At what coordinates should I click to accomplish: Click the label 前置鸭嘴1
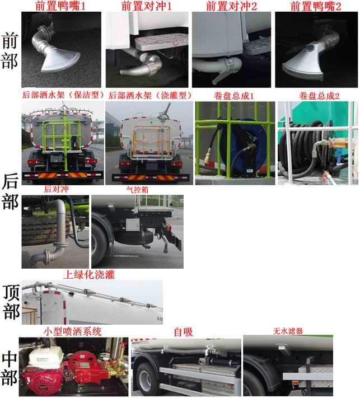coord(60,6)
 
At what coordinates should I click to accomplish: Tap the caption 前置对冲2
coord(231,6)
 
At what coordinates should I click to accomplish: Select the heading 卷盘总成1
coord(233,96)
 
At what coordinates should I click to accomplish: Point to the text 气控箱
coord(137,190)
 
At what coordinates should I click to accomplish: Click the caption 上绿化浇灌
coord(89,274)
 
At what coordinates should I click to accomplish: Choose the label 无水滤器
coord(288,331)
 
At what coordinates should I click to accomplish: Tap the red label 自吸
coord(183,332)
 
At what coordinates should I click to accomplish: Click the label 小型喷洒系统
coord(73,331)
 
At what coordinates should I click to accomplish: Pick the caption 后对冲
coord(56,189)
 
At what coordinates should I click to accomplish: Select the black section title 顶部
coord(11,302)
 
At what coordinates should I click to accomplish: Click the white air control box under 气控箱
coord(133,224)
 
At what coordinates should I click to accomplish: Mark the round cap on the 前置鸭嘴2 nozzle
coord(309,48)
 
